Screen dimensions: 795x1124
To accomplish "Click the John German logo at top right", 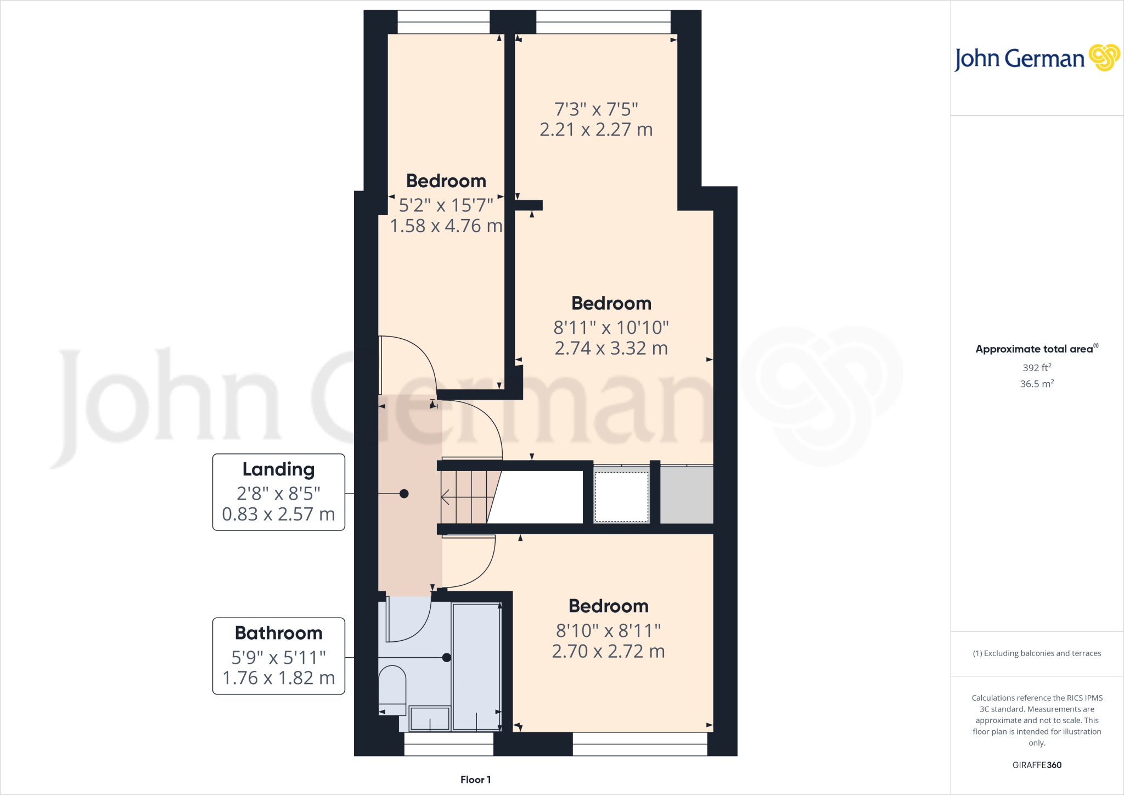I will pyautogui.click(x=1036, y=58).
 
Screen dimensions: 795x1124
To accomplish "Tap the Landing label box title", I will pyautogui.click(x=278, y=469).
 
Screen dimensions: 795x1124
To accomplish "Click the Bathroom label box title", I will pyautogui.click(x=278, y=633).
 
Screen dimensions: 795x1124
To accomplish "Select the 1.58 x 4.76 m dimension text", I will pyautogui.click(x=446, y=226).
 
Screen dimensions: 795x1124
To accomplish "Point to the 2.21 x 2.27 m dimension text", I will pyautogui.click(x=596, y=130).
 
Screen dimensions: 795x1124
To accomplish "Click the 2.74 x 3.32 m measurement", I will pyautogui.click(x=611, y=348).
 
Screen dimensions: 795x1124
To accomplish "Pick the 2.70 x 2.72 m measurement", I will pyautogui.click(x=608, y=651).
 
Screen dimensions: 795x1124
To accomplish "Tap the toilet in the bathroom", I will pyautogui.click(x=392, y=689).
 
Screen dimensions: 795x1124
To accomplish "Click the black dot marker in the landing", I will pyautogui.click(x=404, y=494).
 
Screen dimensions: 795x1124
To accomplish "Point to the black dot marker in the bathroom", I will pyautogui.click(x=446, y=658).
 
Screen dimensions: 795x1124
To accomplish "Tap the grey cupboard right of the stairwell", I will pyautogui.click(x=686, y=495).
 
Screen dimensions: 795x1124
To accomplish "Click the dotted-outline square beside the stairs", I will pyautogui.click(x=621, y=497).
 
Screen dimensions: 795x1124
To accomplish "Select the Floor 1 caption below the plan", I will pyautogui.click(x=475, y=780).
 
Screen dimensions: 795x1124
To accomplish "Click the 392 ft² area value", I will pyautogui.click(x=1036, y=368).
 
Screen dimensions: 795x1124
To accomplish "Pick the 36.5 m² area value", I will pyautogui.click(x=1036, y=384).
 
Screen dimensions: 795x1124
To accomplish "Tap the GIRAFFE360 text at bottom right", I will pyautogui.click(x=1036, y=765).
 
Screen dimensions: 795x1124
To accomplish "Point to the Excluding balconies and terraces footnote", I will pyautogui.click(x=1036, y=653).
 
